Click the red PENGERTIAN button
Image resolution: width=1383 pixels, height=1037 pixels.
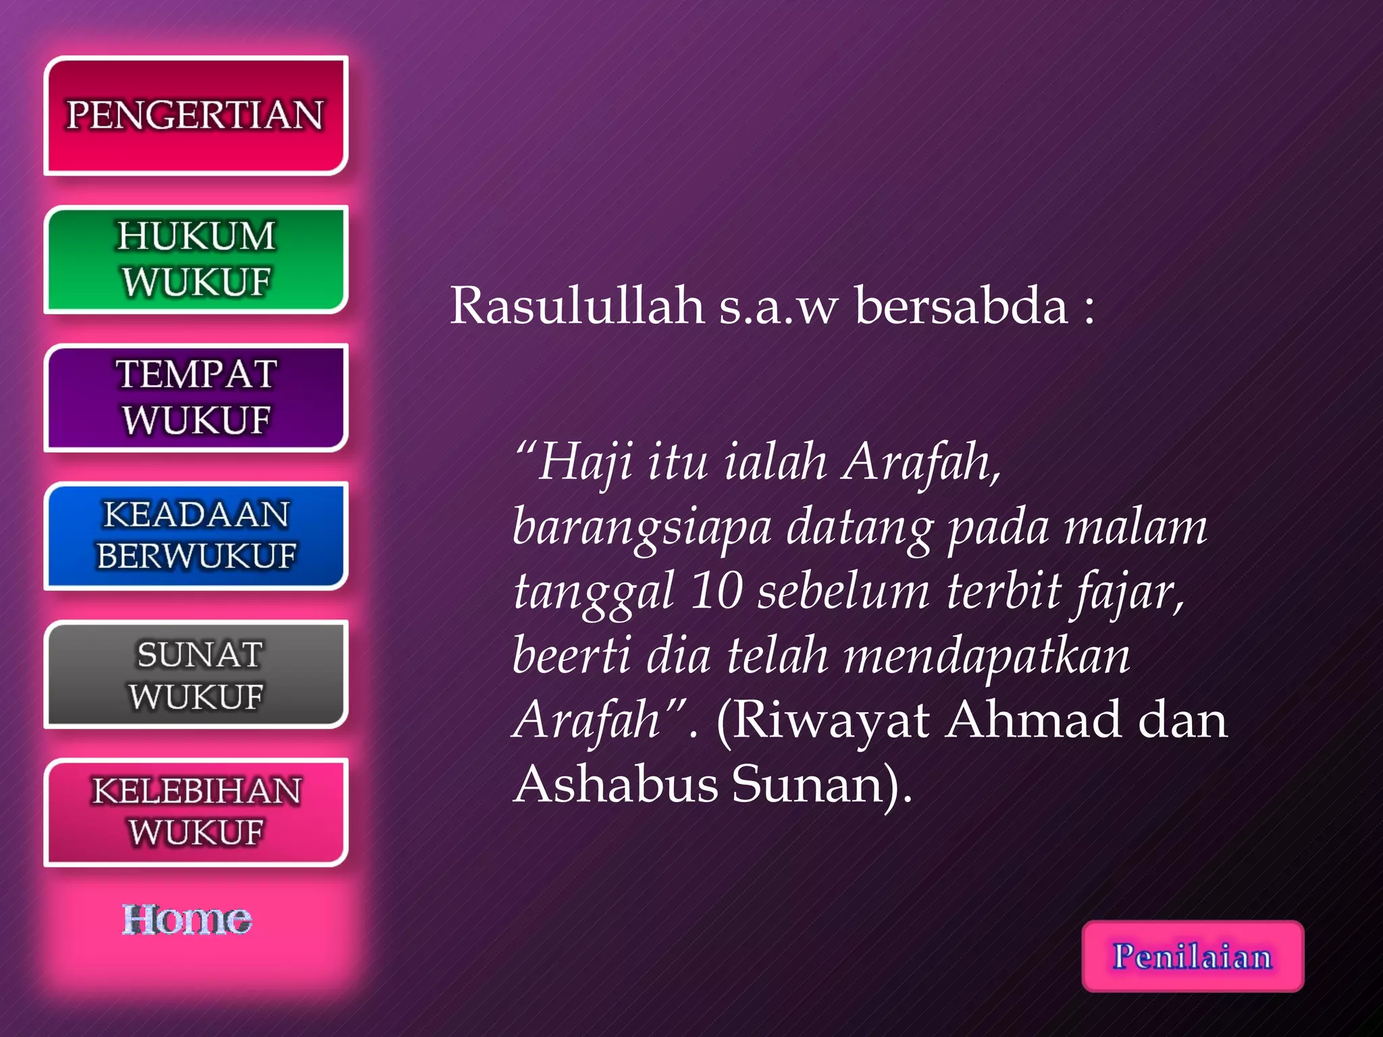point(195,115)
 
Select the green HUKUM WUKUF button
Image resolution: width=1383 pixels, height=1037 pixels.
point(195,259)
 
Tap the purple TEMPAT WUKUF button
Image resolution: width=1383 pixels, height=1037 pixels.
point(195,398)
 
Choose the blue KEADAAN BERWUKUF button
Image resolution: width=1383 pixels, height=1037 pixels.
point(195,535)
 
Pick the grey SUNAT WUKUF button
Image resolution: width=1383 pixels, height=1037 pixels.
point(195,674)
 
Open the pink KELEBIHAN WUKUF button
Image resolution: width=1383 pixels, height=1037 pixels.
point(195,812)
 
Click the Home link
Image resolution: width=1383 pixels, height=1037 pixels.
point(186,920)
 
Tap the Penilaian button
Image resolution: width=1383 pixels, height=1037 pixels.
point(1193,956)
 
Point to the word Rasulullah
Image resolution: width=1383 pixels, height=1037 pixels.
point(577,306)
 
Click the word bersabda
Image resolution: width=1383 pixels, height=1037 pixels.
point(961,306)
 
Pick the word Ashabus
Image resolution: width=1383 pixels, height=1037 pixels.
point(614,785)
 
